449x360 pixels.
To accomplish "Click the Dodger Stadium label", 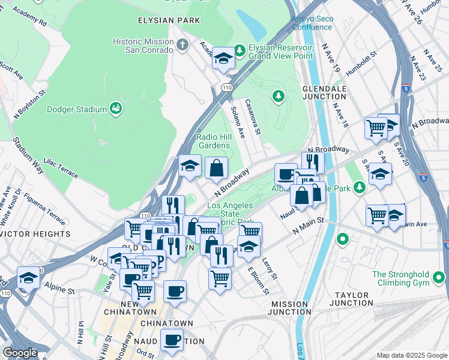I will click(x=73, y=109).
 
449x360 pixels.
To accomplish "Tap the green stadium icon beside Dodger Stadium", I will click(x=116, y=109).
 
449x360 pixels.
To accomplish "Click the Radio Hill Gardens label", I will click(x=213, y=141).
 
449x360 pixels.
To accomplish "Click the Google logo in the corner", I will click(x=20, y=353).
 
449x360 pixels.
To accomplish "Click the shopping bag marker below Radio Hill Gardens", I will click(x=216, y=169).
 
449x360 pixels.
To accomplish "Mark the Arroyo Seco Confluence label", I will click(x=312, y=23).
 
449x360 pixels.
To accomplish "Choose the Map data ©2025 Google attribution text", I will click(x=411, y=355).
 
